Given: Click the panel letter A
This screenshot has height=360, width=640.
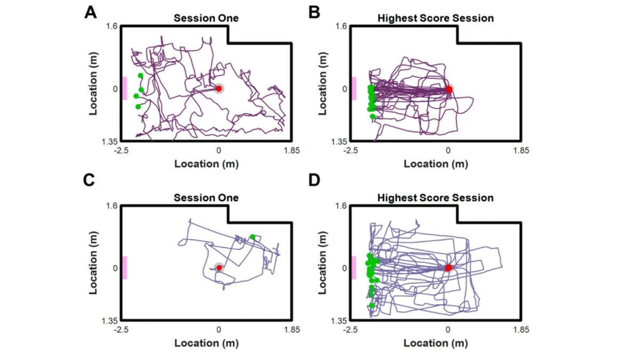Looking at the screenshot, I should coord(91,12).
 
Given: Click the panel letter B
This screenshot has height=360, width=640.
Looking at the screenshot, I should coord(315,12).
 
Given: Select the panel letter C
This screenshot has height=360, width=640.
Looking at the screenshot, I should coord(91,181).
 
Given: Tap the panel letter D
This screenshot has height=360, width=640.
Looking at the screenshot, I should coord(315,181).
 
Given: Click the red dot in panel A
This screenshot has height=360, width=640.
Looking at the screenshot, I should coord(219,89).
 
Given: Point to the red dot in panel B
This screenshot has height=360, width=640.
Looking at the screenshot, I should coord(449,90).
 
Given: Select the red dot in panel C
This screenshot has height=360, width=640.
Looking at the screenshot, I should coord(219,267).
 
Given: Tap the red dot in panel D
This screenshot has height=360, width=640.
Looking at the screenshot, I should coord(448,268).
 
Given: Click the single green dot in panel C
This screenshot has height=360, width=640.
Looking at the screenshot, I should coord(252,237).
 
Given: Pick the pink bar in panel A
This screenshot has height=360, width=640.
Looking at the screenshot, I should coord(125,88).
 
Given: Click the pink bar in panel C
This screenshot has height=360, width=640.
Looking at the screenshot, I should coord(125,267).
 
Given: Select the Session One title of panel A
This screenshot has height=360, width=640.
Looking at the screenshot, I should coord(206,19).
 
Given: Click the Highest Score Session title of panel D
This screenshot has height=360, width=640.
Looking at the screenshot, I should coord(435,198).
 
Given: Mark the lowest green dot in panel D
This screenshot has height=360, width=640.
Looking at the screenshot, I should coord(372,306).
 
